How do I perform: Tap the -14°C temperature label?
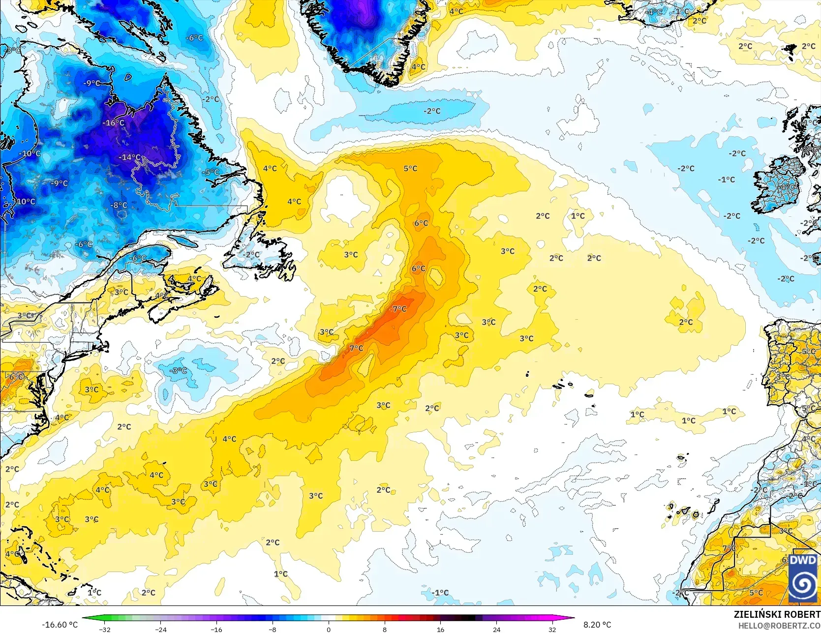(x=130, y=157)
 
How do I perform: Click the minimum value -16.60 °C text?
(x=60, y=625)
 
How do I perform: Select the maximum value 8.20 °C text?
(x=597, y=625)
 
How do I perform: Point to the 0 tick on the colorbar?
(x=329, y=629)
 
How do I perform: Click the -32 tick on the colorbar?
(x=105, y=629)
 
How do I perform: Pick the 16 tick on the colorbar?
(x=440, y=629)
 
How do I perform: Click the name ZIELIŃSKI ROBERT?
(x=777, y=614)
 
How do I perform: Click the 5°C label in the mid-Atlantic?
(x=410, y=168)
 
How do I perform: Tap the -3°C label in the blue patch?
(x=178, y=370)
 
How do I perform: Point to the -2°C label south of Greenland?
(x=432, y=111)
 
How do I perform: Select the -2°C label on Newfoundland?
(x=252, y=255)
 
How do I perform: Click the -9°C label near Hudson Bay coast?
(x=92, y=83)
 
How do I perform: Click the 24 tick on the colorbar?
(x=496, y=629)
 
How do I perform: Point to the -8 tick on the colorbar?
(x=273, y=629)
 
